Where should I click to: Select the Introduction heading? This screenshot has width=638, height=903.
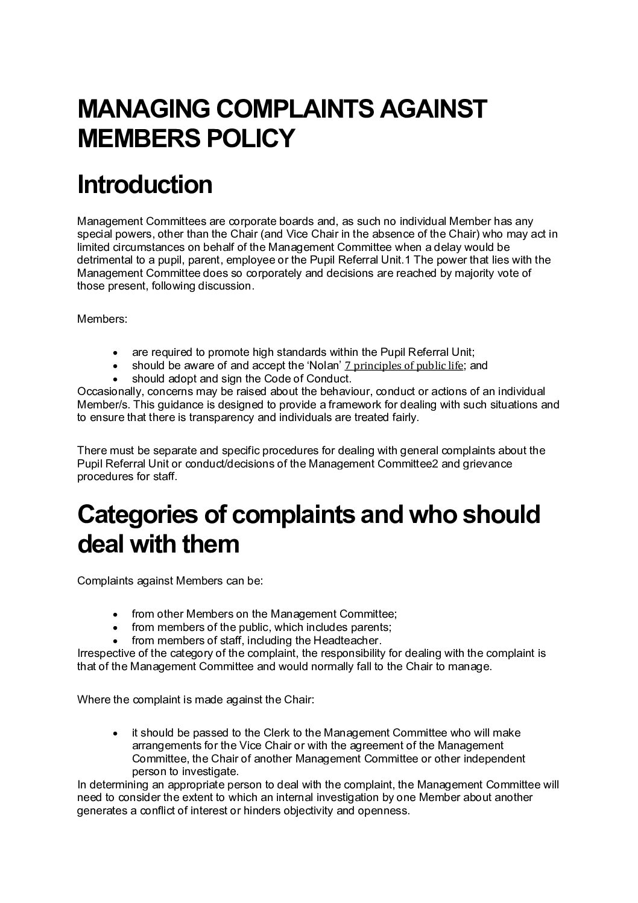145,185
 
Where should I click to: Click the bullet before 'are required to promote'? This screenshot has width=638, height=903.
115,353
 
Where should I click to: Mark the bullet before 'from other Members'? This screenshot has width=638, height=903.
115,615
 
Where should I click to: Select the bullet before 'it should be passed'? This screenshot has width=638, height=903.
115,733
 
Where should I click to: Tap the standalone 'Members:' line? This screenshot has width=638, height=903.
102,319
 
